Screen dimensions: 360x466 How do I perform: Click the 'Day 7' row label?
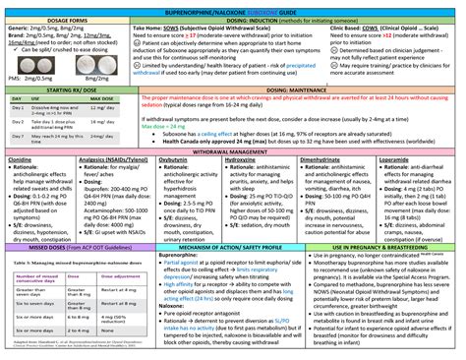click(x=16, y=137)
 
